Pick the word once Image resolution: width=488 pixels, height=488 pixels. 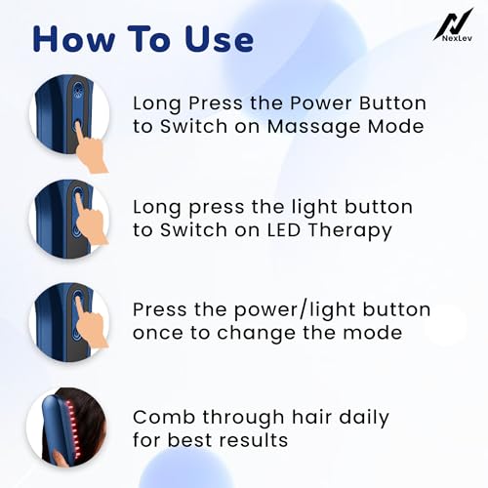point(158,333)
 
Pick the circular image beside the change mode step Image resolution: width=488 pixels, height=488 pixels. point(69,321)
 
